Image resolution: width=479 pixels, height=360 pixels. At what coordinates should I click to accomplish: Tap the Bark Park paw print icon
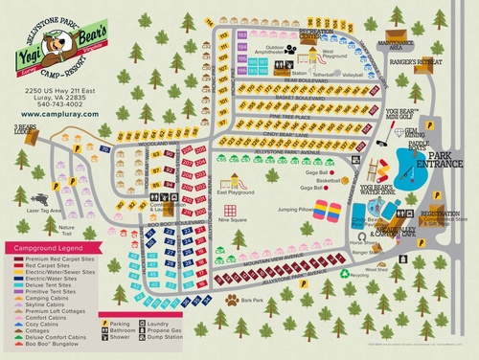pos(231,298)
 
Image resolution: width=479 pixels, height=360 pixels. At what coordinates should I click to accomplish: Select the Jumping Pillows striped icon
pos(327,210)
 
